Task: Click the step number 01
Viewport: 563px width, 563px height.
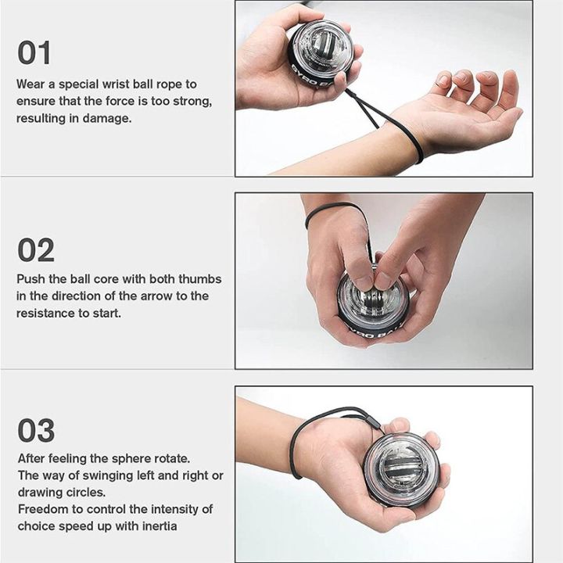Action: point(34,53)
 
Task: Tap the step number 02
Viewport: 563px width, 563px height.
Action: point(36,250)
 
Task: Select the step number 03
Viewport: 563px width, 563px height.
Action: point(36,431)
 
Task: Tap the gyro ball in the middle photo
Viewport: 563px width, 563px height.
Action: point(374,307)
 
